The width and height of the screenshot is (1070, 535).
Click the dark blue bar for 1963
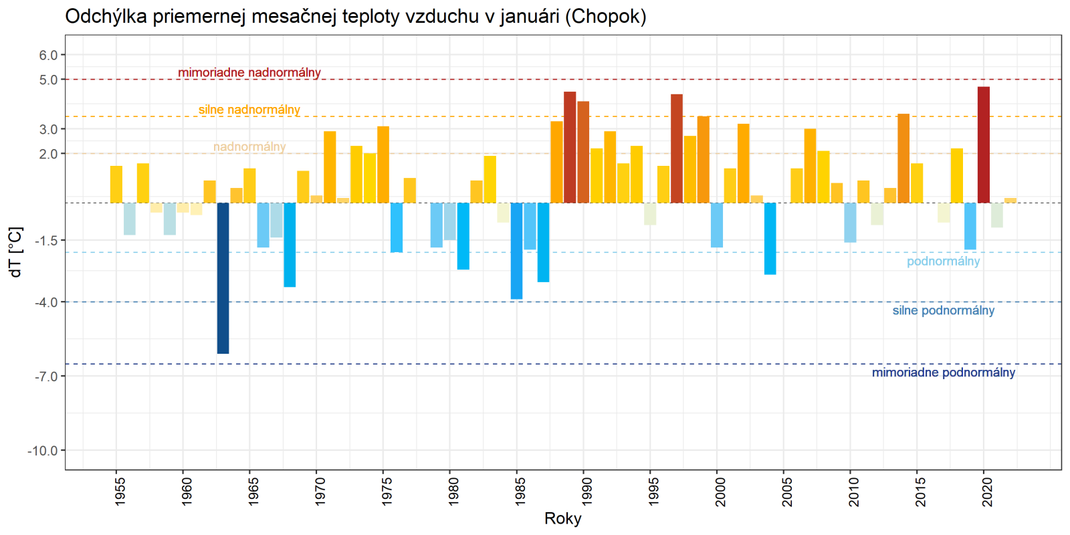(223, 278)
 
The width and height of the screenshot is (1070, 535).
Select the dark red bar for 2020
(983, 144)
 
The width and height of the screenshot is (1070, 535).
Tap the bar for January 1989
(570, 147)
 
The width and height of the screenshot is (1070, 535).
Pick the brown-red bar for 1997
(677, 148)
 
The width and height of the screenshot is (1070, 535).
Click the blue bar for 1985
(516, 251)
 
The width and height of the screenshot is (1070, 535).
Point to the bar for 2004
(770, 238)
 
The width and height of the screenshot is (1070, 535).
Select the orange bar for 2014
(903, 158)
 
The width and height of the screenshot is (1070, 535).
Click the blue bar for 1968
(290, 245)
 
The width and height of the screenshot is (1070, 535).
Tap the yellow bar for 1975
(383, 165)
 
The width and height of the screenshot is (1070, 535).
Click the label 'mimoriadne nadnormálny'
(249, 72)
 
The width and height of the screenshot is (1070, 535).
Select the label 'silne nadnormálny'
(249, 110)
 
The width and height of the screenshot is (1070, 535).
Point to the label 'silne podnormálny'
(943, 310)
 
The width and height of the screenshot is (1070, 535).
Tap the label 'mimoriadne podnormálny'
(943, 372)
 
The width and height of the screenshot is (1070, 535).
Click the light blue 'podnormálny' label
(943, 261)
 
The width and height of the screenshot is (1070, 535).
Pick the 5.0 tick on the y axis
(48, 80)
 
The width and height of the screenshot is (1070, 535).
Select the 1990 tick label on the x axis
(586, 491)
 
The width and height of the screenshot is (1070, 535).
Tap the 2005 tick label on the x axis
(787, 491)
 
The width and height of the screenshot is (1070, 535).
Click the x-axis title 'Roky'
(562, 518)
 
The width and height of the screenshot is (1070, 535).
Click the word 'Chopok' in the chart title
(605, 16)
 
